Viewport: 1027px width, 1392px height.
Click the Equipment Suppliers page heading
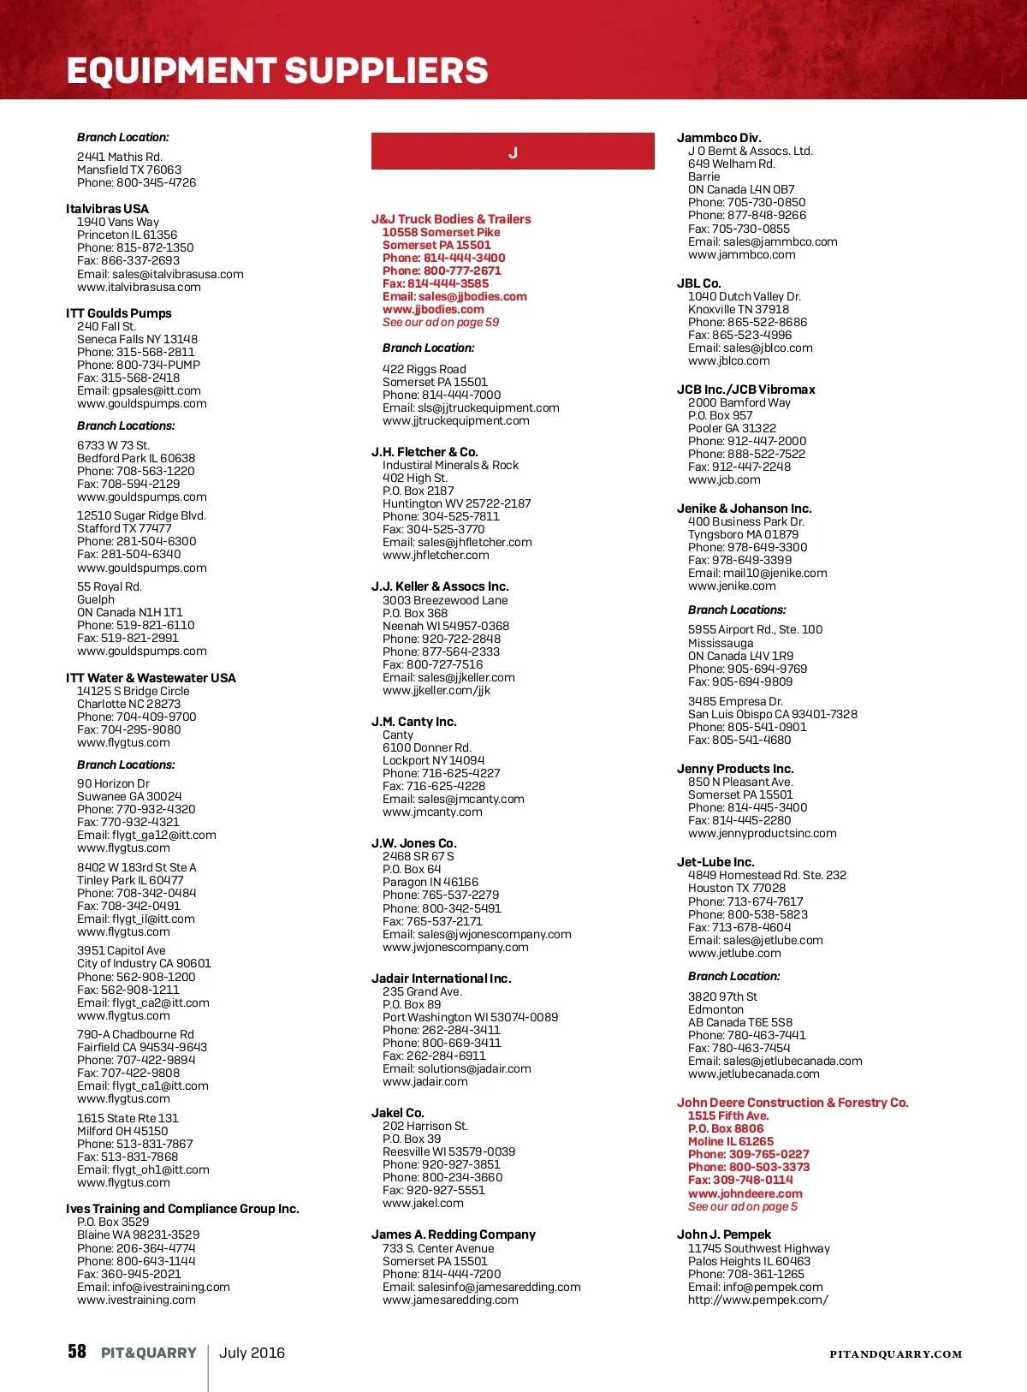pos(277,71)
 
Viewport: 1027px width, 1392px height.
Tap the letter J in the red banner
pos(513,152)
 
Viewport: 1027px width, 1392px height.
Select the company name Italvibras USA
pos(107,209)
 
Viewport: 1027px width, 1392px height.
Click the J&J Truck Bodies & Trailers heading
pos(451,219)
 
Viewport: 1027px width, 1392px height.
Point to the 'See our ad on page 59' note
pos(441,323)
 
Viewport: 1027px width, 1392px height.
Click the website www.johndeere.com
pos(745,1193)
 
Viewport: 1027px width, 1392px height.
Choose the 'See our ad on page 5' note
pos(742,1206)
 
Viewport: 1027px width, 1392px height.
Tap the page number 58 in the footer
pos(77,1352)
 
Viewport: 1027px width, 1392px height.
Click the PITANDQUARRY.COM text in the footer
pos(895,1354)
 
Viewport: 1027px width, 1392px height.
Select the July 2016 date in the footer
pos(252,1353)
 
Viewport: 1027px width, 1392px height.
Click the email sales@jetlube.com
pos(755,940)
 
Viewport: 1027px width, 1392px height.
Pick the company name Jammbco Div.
pos(719,138)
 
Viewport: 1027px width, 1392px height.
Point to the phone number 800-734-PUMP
pos(139,365)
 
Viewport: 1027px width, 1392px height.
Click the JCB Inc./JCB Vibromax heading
pos(745,390)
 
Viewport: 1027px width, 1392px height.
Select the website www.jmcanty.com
pos(432,812)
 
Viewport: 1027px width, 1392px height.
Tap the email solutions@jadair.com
pos(456,1068)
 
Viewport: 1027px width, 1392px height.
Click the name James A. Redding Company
pos(453,1234)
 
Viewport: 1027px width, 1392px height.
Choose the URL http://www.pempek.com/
pos(757,1300)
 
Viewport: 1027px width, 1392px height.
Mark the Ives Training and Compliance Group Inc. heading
pos(182,1209)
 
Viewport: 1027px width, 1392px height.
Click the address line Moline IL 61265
pos(730,1141)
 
